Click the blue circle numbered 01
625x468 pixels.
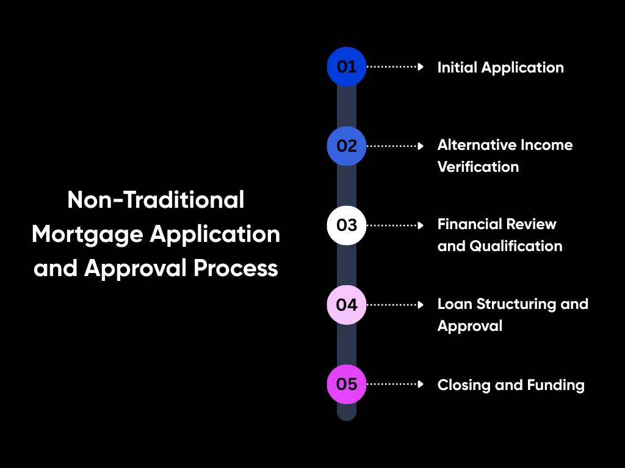347,66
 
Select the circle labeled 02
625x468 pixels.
347,146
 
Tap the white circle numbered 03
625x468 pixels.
347,225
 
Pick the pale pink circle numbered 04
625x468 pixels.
347,304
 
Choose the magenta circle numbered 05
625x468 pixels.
347,384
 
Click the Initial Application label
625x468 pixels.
500,68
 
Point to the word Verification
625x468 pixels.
478,167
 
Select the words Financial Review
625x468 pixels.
497,224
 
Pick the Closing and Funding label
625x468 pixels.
511,385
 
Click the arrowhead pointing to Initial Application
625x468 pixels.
421,67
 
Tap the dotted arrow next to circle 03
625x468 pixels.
394,225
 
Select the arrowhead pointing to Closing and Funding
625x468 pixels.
421,384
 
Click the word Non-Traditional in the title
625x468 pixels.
156,200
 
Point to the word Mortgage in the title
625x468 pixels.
87,234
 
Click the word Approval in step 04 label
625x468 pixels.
469,326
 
